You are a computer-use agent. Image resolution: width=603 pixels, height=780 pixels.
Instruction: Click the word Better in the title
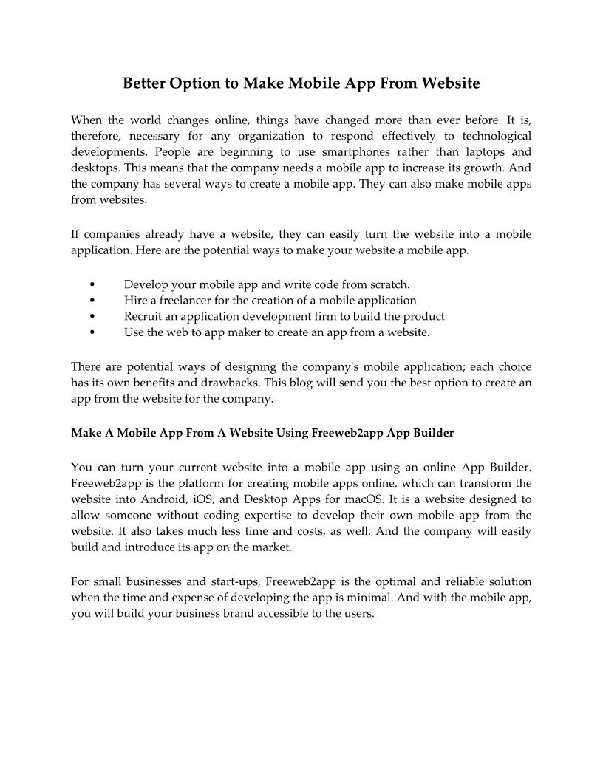pos(144,83)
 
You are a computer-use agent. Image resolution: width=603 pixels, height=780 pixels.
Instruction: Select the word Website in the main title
pos(449,83)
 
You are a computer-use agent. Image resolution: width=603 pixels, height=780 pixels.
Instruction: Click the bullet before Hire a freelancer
pos(91,301)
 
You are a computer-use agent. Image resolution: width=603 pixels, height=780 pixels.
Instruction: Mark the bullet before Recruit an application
pos(91,317)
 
